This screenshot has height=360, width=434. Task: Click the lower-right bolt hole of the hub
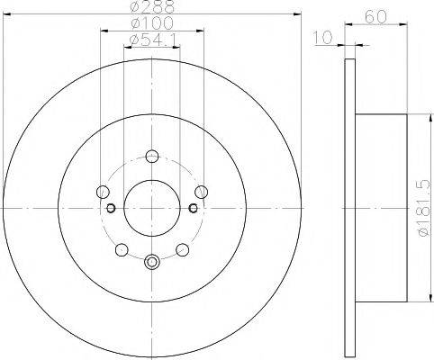182,247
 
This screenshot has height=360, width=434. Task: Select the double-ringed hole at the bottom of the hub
151,263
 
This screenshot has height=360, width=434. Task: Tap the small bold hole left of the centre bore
110,209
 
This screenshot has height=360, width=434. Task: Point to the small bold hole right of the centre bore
193,209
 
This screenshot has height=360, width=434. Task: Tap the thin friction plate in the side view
350,208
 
